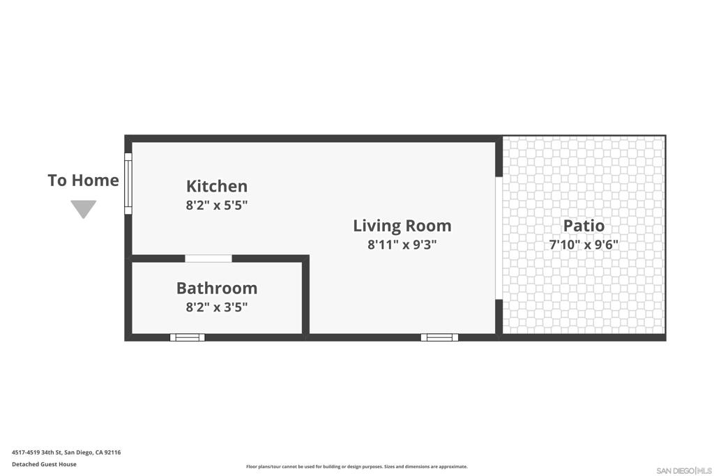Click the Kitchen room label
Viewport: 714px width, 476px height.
coord(217,186)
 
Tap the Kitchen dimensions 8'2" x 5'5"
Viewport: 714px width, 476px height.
coord(217,205)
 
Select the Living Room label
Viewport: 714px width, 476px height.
coord(402,226)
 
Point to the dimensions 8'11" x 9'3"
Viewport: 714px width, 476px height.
coord(402,245)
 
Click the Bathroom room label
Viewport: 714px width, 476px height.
coord(217,288)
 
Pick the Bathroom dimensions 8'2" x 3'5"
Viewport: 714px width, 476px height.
coord(217,307)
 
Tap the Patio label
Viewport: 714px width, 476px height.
coord(584,226)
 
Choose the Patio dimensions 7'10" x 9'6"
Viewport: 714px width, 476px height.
coord(584,245)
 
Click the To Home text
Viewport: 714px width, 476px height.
coord(84,181)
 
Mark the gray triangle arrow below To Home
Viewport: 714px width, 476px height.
coord(84,208)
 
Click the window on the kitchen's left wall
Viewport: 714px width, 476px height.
coord(128,183)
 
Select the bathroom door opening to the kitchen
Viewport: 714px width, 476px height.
coord(208,259)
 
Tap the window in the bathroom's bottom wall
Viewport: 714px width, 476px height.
coord(187,337)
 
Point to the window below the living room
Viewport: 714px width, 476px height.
coord(439,337)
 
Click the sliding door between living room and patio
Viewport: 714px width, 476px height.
coord(499,238)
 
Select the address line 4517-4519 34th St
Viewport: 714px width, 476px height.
coord(66,452)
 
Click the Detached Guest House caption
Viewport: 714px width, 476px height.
coord(44,464)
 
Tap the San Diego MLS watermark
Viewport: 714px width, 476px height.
coord(684,470)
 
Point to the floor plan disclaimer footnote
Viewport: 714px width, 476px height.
coord(357,466)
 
